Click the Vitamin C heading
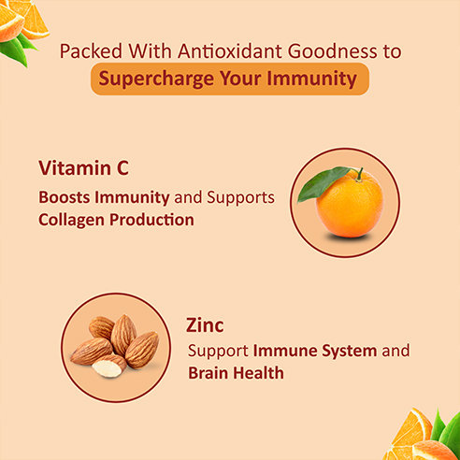83,168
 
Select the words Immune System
304,352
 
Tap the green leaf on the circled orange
323,182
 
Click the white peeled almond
108,367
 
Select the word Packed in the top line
85,50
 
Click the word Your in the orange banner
237,79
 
